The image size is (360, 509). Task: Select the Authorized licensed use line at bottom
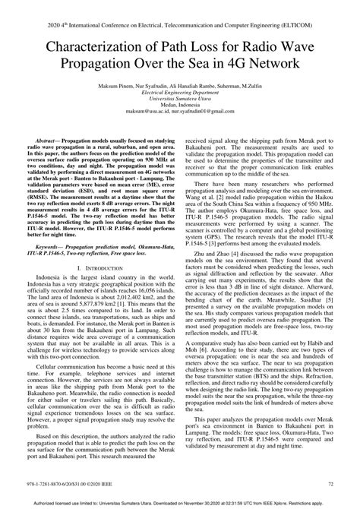coord(180,503)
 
